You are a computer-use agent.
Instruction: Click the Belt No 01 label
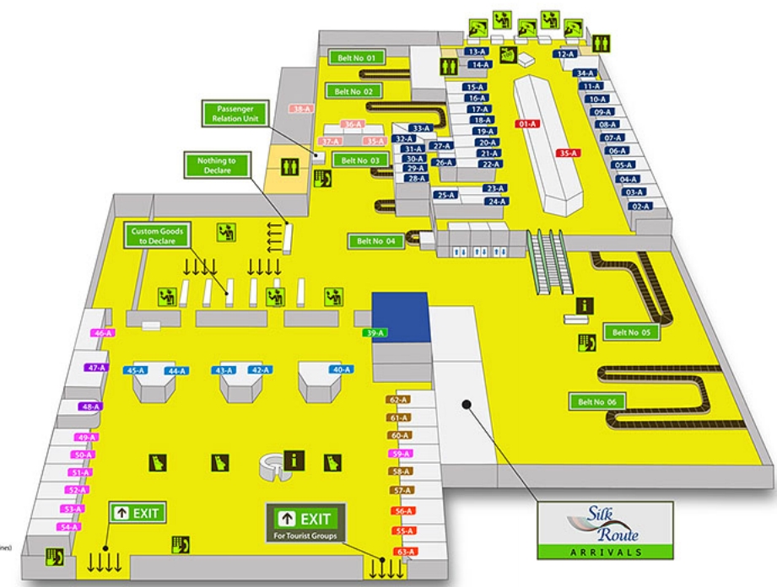coord(358,57)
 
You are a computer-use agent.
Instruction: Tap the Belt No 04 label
coord(375,241)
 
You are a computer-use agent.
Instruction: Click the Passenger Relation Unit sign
coord(234,114)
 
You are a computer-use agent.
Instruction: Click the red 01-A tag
coord(528,124)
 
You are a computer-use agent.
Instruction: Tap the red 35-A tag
coord(568,153)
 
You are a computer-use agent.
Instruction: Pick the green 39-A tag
coord(375,333)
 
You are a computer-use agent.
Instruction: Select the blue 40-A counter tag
coord(342,369)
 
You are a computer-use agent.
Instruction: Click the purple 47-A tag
coord(97,368)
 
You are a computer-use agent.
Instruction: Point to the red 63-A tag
coord(407,552)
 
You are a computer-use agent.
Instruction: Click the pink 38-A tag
coord(301,109)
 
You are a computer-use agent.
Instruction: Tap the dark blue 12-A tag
coord(564,54)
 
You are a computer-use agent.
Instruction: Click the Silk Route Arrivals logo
coord(604,530)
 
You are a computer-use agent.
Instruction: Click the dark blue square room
coord(401,317)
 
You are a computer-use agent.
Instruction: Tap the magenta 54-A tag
coord(68,527)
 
